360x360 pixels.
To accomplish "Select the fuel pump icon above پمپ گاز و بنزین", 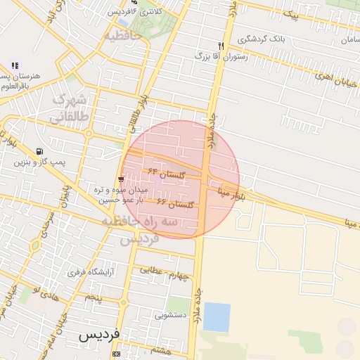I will (39, 151).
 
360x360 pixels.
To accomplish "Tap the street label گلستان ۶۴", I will (166, 172).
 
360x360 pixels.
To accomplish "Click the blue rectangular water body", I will (217, 317).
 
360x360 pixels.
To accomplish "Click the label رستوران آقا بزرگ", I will (221, 54).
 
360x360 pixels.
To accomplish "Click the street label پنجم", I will (93, 298).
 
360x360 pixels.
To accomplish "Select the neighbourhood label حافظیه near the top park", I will (122, 34).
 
